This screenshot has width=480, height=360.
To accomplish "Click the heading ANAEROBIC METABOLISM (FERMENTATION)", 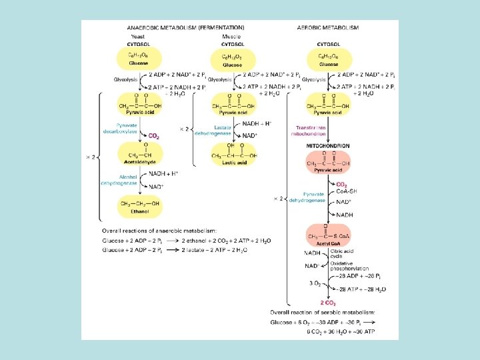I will pos(185,27).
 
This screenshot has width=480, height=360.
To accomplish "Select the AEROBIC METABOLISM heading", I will pos(328,27).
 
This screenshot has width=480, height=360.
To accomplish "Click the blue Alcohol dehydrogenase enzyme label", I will pos(119,179).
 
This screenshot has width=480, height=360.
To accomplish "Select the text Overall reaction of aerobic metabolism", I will pos(322,312).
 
